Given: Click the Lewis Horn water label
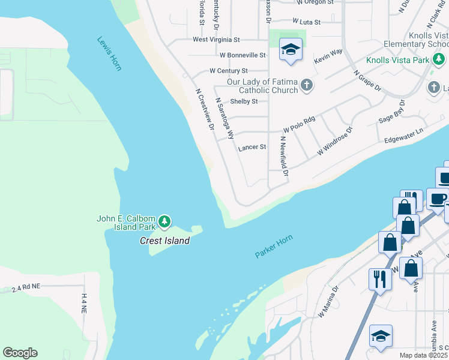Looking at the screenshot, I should click(x=109, y=54).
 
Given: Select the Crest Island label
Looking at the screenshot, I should click(x=164, y=241).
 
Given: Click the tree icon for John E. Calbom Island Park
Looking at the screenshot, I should click(x=164, y=223).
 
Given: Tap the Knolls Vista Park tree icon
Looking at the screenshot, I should click(x=439, y=59).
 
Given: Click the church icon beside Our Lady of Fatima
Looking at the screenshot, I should click(x=306, y=85).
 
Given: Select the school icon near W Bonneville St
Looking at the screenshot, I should click(x=290, y=50).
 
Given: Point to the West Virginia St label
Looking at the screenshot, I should click(x=216, y=40).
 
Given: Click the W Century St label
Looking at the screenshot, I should click(x=228, y=71).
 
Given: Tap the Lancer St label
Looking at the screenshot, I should click(x=252, y=147).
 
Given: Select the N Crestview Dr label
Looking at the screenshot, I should click(x=205, y=110).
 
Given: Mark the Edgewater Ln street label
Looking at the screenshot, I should click(x=404, y=136).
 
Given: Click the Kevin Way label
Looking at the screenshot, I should click(x=328, y=57).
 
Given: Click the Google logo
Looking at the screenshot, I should click(x=20, y=352).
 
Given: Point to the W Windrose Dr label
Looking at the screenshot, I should click(x=334, y=140).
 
